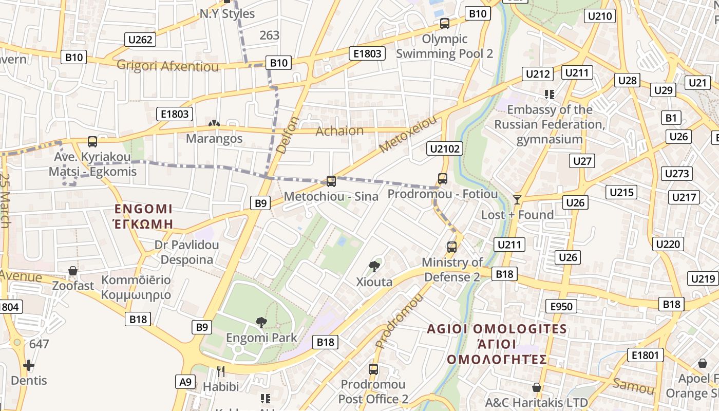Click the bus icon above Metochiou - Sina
pyautogui.click(x=331, y=181)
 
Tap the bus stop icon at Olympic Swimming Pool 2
pyautogui.click(x=445, y=24)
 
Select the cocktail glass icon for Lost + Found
pyautogui.click(x=517, y=199)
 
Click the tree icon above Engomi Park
pyautogui.click(x=261, y=323)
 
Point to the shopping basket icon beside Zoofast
pyautogui.click(x=73, y=270)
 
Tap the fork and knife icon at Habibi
pyautogui.click(x=221, y=371)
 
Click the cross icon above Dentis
pyautogui.click(x=29, y=365)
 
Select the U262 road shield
pyautogui.click(x=140, y=40)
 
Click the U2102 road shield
pyautogui.click(x=445, y=149)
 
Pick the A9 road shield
pyautogui.click(x=185, y=382)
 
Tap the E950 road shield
pyautogui.click(x=561, y=307)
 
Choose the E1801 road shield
pyautogui.click(x=645, y=355)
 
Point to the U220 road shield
pyautogui.click(x=668, y=244)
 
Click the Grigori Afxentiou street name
pyautogui.click(x=167, y=66)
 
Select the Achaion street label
pyautogui.click(x=339, y=130)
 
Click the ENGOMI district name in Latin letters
pyautogui.click(x=144, y=209)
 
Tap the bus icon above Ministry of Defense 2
pyautogui.click(x=452, y=247)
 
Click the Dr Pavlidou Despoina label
pyautogui.click(x=187, y=252)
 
